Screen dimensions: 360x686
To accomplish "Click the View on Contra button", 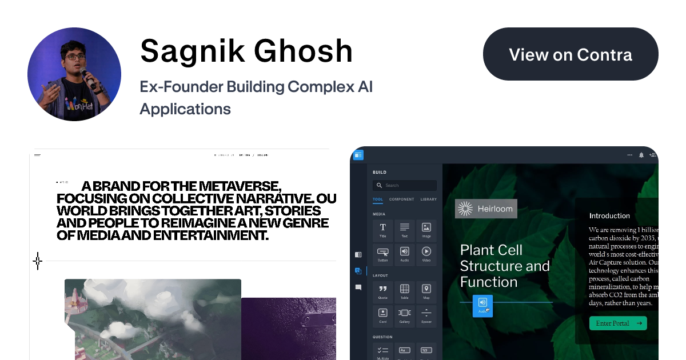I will pyautogui.click(x=571, y=54).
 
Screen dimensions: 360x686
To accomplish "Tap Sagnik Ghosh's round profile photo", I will pyautogui.click(x=74, y=74).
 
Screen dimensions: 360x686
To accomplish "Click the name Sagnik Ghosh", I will pyautogui.click(x=246, y=51).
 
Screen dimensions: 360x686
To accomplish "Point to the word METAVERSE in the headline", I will pyautogui.click(x=235, y=186).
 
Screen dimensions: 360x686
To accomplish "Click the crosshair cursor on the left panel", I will pyautogui.click(x=38, y=261).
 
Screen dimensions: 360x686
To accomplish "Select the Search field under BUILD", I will pyautogui.click(x=405, y=185).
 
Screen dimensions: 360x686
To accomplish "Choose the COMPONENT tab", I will pyautogui.click(x=402, y=199).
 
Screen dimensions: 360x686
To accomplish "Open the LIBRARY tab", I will pyautogui.click(x=428, y=199).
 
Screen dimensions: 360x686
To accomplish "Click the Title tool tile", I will pyautogui.click(x=383, y=230).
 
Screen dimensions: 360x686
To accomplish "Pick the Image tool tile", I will pyautogui.click(x=426, y=230).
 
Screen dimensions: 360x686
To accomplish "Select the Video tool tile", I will pyautogui.click(x=426, y=254).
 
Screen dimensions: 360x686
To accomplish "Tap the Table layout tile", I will pyautogui.click(x=405, y=291).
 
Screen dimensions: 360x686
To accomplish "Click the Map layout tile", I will pyautogui.click(x=426, y=291).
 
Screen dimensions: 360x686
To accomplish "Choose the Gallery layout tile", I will pyautogui.click(x=405, y=315).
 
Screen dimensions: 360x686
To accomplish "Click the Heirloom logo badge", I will pyautogui.click(x=486, y=209).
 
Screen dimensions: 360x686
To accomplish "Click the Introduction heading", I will pyautogui.click(x=609, y=216).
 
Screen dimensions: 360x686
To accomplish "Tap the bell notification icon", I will pyautogui.click(x=641, y=155).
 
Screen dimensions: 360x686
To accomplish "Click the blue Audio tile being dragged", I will pyautogui.click(x=482, y=305).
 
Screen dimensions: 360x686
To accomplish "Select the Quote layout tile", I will pyautogui.click(x=383, y=291).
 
